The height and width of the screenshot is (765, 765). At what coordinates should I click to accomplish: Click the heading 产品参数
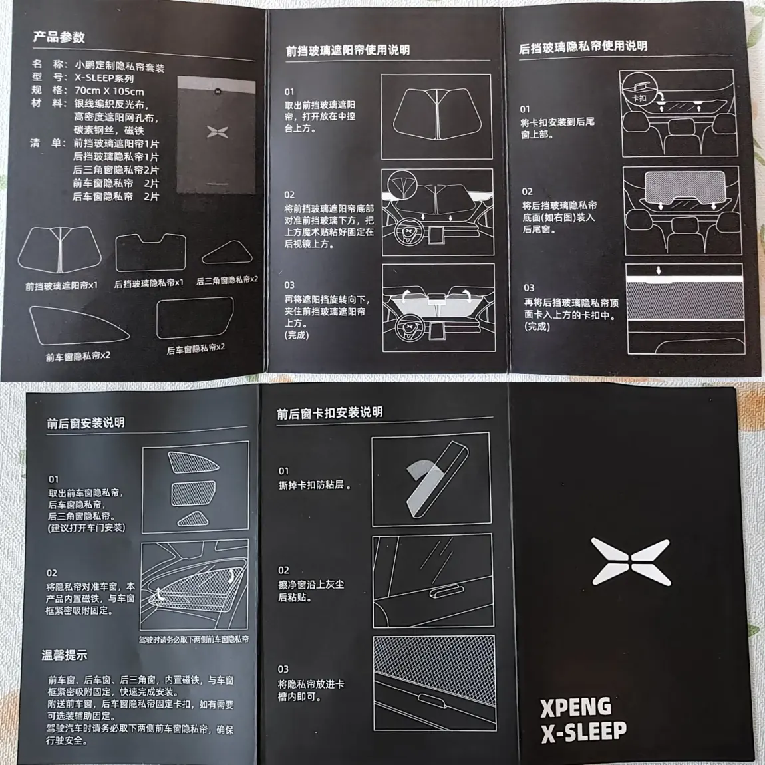59,37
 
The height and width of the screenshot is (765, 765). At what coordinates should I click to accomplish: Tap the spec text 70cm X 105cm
109,91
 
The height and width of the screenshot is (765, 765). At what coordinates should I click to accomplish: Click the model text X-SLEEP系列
104,78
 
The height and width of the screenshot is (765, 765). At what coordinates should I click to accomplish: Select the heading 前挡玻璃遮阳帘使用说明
347,51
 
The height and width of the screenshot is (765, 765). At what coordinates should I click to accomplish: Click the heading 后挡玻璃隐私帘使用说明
583,47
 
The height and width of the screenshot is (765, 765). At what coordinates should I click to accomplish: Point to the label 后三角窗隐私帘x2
227,281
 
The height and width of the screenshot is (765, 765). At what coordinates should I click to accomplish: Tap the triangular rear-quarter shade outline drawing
227,253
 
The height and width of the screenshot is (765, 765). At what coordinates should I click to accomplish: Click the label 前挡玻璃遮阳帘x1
61,286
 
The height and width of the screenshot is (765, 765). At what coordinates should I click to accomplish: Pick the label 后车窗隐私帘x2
196,349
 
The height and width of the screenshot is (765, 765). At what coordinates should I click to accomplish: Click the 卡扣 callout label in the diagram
639,98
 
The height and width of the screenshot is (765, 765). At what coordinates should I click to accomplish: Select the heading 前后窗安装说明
86,422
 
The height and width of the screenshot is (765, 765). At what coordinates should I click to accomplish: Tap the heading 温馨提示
65,655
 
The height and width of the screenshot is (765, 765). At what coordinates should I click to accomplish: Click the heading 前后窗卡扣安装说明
330,413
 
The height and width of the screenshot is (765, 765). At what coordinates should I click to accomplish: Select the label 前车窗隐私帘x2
78,357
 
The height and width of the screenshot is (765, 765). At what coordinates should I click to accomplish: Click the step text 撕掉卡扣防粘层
315,485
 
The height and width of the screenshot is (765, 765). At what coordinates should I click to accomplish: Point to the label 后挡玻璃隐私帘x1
149,283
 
